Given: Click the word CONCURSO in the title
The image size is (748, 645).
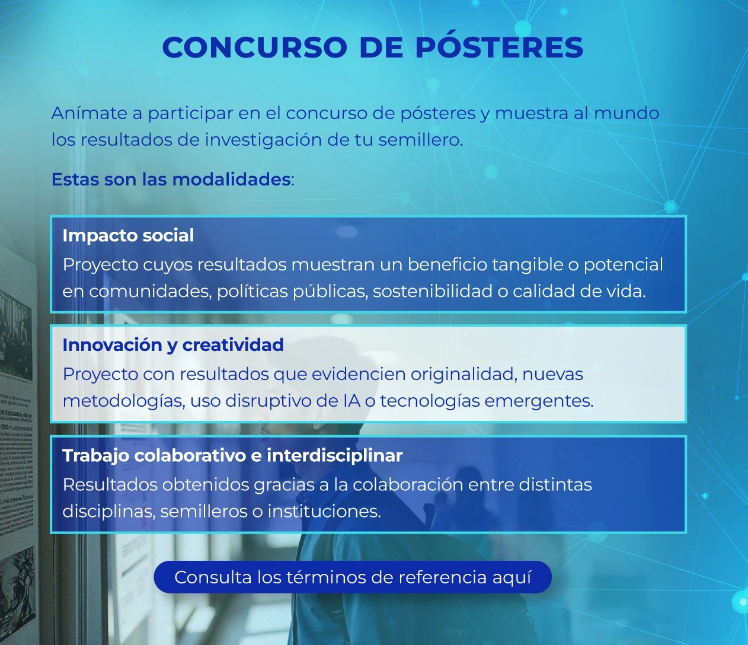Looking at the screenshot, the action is pos(254,47).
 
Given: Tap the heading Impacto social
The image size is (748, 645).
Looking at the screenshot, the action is pos(128,235).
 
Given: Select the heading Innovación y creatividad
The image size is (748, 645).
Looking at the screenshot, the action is pos(173,344).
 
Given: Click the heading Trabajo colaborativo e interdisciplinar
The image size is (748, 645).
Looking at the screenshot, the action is pos(232,455).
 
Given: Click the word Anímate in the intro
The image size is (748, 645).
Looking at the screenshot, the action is pos(89,113).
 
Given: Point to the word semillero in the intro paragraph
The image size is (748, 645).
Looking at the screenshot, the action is pos(420,140).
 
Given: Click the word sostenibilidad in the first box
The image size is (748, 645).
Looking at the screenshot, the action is pos(433,291).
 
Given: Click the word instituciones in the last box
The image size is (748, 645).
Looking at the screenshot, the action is pos(324,511).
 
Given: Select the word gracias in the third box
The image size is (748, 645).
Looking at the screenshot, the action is pos(283,485).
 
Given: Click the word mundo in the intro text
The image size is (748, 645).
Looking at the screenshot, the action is pos(626,113).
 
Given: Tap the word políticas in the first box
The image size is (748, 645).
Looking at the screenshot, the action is pos(252,291).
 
